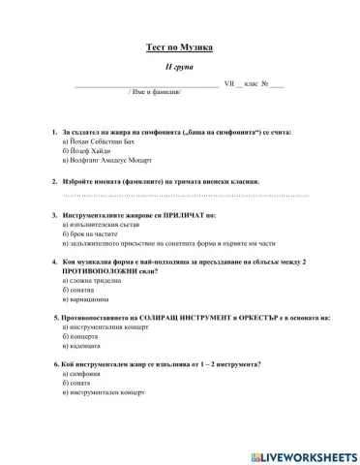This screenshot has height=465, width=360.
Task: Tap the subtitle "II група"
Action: click(179, 69)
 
